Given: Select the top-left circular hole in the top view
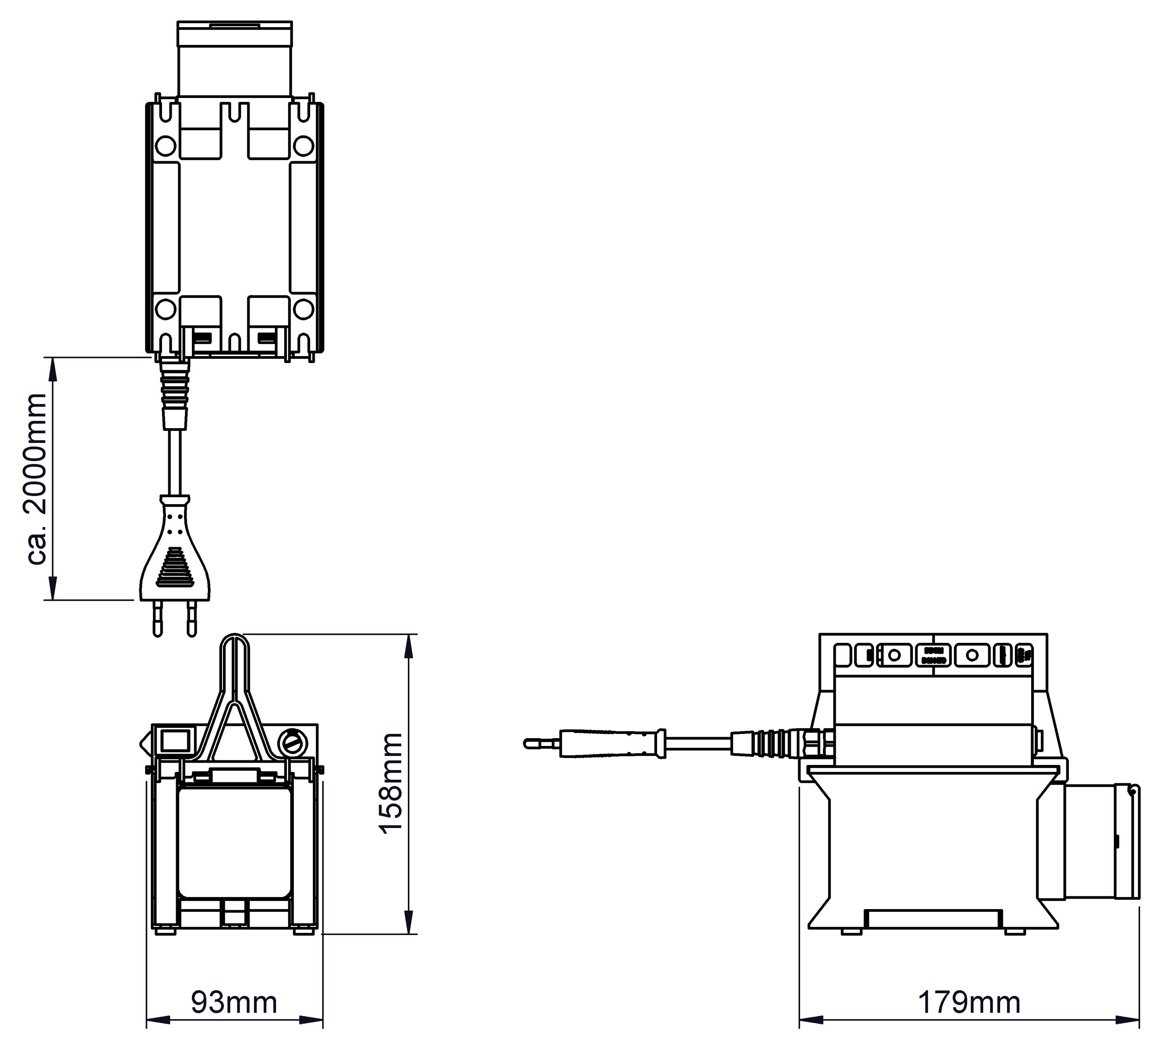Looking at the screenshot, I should click(166, 145).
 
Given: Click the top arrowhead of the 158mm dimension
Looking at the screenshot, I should click(409, 641).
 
